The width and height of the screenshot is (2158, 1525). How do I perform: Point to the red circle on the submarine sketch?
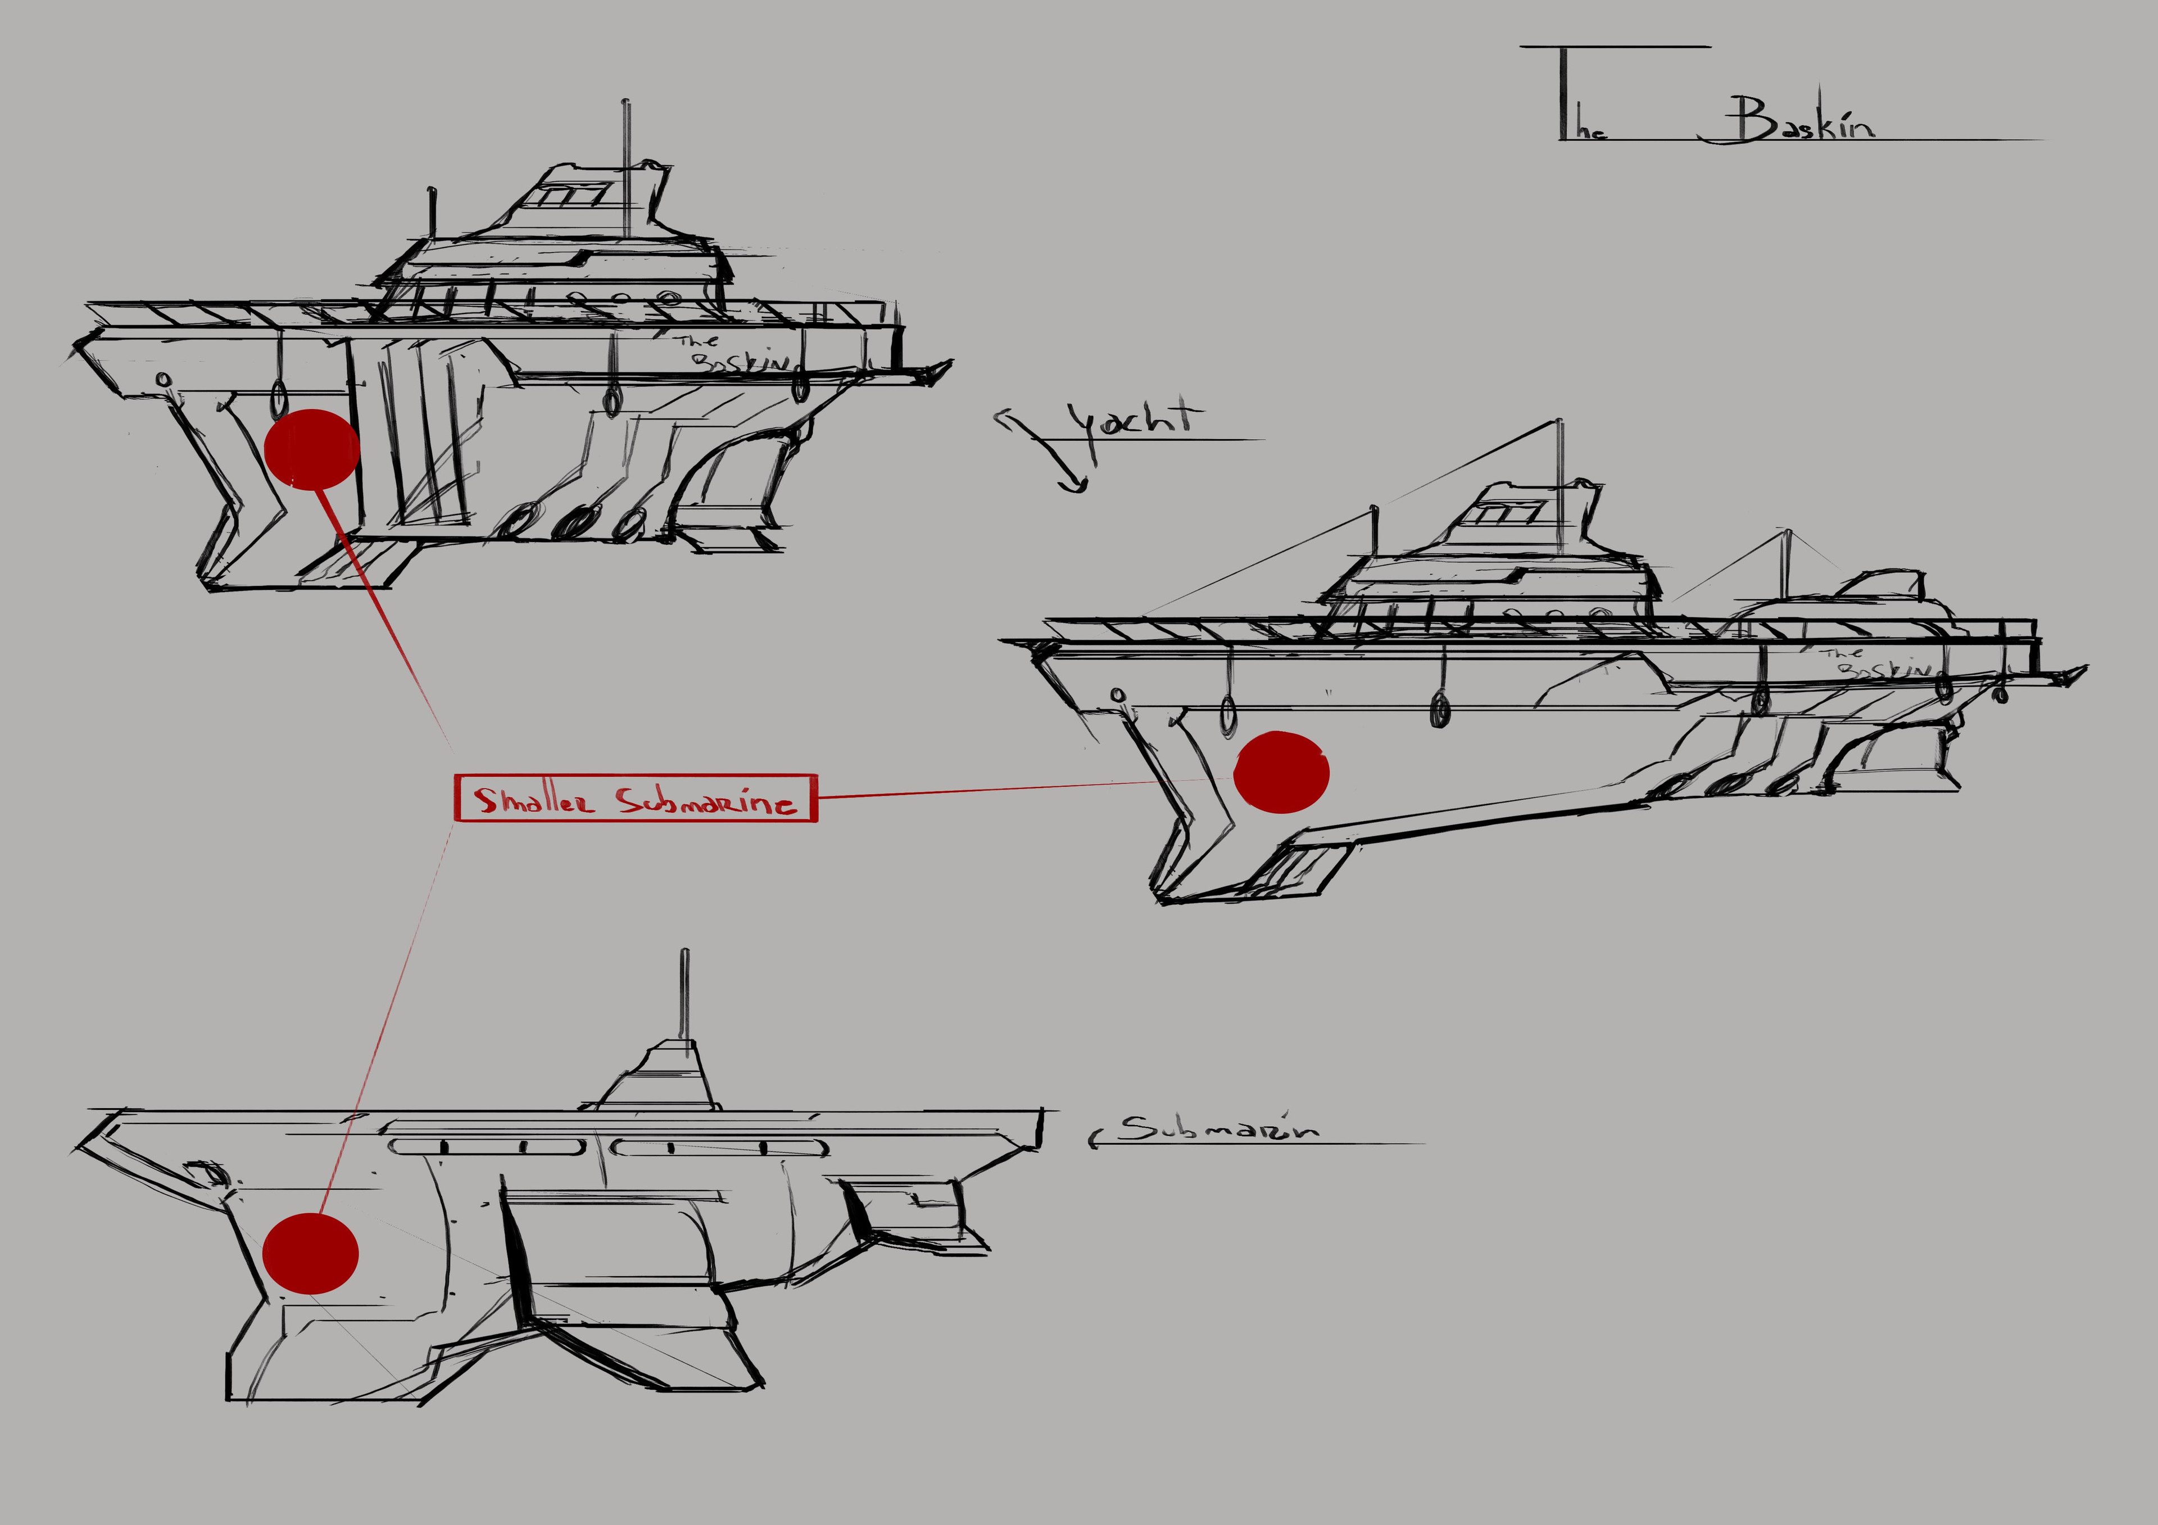point(310,1253)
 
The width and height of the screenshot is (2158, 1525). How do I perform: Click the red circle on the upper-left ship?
point(312,449)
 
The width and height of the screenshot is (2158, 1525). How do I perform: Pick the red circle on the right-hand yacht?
point(1281,771)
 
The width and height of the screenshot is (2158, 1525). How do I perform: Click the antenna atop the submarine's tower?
point(685,996)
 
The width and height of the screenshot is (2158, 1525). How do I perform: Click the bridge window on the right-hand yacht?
point(1504,513)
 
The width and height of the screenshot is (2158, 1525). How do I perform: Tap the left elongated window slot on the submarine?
point(486,1146)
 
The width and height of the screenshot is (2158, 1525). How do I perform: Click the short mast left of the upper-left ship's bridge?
point(432,211)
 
